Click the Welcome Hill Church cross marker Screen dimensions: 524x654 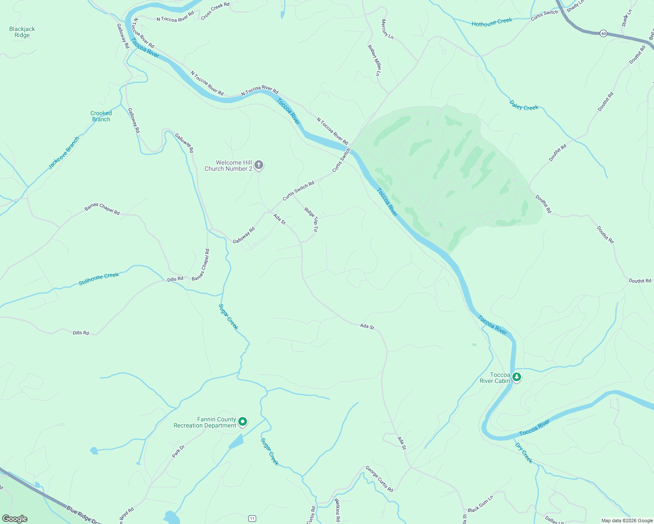tap(259, 165)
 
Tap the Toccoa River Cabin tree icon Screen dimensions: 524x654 tap(517, 377)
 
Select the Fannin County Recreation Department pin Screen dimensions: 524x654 tap(243, 422)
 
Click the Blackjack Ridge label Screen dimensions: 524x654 tap(22, 32)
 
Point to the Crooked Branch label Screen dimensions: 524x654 tap(101, 116)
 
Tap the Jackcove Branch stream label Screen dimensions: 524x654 tap(64, 153)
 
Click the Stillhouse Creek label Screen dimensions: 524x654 tap(99, 279)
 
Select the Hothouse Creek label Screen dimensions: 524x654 tap(492, 22)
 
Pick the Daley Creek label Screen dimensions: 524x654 tap(524, 105)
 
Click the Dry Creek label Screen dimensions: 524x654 tap(524, 453)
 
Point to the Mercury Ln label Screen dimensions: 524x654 tap(387, 29)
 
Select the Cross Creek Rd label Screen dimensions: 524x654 tap(215, 11)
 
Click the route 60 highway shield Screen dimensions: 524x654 tap(603, 33)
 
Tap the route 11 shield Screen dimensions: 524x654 tap(252, 518)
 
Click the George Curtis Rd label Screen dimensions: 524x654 tap(379, 479)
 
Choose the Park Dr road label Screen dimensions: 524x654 tap(178, 451)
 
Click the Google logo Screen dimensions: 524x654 tap(15, 519)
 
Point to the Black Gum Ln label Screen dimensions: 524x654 tap(480, 504)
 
